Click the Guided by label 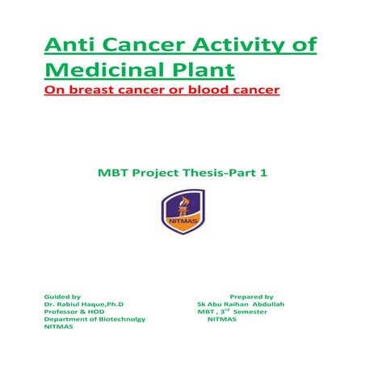pos(62,297)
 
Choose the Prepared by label pos(251,297)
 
